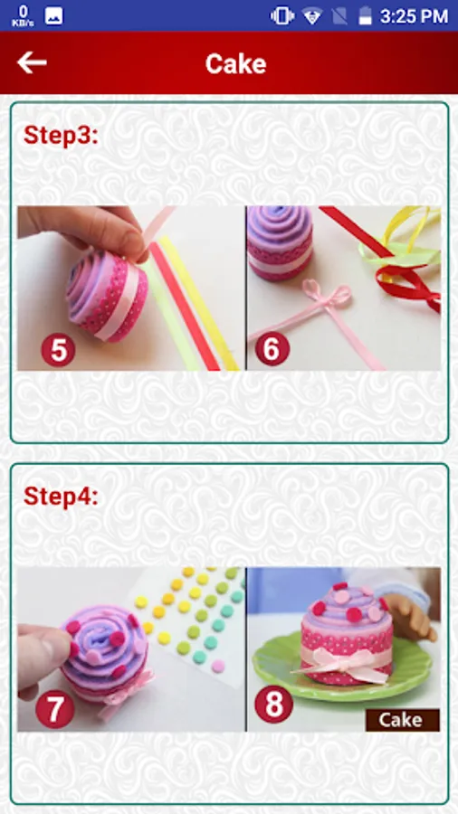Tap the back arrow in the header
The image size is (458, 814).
pyautogui.click(x=32, y=62)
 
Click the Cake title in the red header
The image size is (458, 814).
pyautogui.click(x=235, y=64)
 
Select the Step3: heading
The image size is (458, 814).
pyautogui.click(x=61, y=135)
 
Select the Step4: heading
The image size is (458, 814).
pyautogui.click(x=61, y=497)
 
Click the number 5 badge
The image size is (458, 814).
pyautogui.click(x=58, y=350)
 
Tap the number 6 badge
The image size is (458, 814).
pyautogui.click(x=272, y=349)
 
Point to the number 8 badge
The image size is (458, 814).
pyautogui.click(x=273, y=704)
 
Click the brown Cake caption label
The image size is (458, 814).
pyautogui.click(x=403, y=720)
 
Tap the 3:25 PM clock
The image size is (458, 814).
pyautogui.click(x=414, y=16)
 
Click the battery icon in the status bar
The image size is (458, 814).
pyautogui.click(x=366, y=15)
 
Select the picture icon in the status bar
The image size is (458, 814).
pyautogui.click(x=54, y=15)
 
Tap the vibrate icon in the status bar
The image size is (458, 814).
pyautogui.click(x=282, y=15)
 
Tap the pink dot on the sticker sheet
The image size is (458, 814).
pyautogui.click(x=219, y=666)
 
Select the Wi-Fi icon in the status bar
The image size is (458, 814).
pyautogui.click(x=312, y=16)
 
